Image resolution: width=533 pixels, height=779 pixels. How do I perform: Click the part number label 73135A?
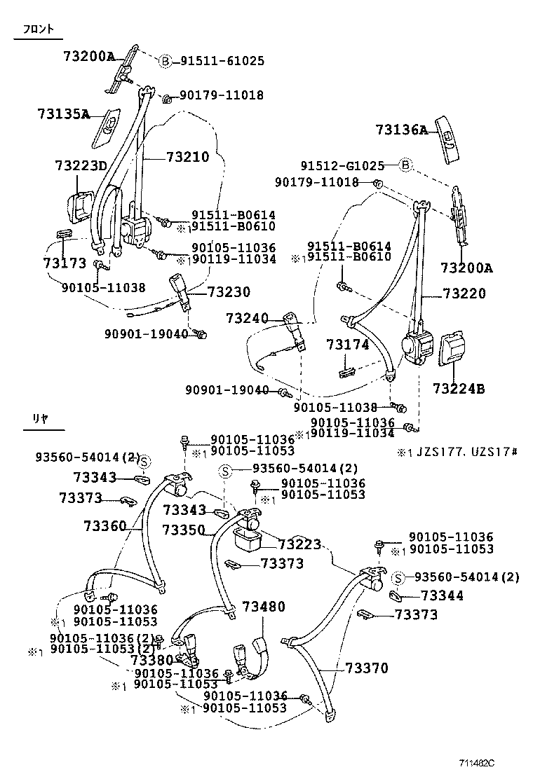click(63, 113)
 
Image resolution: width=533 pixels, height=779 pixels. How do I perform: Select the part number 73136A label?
click(400, 130)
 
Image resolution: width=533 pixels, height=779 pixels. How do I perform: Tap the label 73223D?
click(81, 165)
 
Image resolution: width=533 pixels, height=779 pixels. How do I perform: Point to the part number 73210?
click(187, 158)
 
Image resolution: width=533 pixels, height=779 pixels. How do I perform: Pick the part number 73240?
click(247, 319)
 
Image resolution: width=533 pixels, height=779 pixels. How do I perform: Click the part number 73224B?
click(459, 388)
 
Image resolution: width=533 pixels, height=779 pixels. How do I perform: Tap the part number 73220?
click(464, 294)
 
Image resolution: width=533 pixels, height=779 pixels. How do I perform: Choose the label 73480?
click(264, 607)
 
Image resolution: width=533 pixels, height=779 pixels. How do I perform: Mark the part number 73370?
click(366, 669)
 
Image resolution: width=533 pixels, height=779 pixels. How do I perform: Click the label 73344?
click(442, 595)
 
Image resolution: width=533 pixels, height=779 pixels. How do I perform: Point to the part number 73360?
click(104, 526)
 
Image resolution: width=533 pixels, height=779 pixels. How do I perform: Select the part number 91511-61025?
click(222, 61)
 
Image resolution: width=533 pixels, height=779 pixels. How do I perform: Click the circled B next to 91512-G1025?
click(405, 166)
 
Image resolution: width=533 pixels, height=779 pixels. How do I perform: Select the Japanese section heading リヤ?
click(39, 418)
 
